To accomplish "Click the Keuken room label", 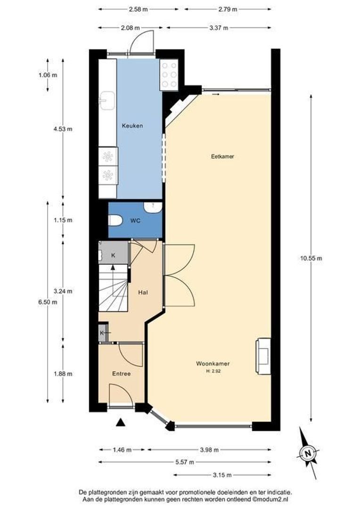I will point(132,126).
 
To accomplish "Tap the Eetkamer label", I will point(222,156).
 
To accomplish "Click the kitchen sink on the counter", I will point(107,100).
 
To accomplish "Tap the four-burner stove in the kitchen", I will point(169,74).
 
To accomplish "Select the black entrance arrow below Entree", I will point(121,423).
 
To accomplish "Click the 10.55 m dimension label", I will point(311,258).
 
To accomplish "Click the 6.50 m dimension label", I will point(48,302).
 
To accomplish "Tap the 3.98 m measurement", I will point(209,450).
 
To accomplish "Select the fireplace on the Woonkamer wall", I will point(263,356).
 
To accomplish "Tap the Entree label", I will point(121,373).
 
